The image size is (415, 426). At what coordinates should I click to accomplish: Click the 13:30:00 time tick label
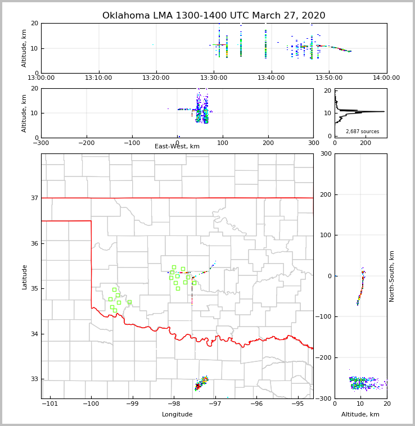tap(214, 78)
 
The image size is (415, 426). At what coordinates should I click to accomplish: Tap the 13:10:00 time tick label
tap(99, 78)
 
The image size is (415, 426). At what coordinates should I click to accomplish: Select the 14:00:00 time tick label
tap(386, 78)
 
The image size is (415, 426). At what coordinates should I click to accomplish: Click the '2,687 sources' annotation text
tap(362, 132)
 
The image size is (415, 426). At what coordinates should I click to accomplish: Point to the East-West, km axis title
tap(177, 147)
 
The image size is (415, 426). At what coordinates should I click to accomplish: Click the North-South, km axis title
tap(392, 276)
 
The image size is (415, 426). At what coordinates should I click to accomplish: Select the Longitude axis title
tap(177, 414)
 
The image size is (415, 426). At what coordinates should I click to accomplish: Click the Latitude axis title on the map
tap(24, 277)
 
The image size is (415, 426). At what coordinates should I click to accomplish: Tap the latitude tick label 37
tap(34, 198)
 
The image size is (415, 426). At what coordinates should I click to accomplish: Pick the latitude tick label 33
tap(34, 379)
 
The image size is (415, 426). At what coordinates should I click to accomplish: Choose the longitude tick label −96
tap(256, 404)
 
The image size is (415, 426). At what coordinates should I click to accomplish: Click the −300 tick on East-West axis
tap(41, 143)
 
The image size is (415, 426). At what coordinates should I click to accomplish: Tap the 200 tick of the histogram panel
tap(365, 143)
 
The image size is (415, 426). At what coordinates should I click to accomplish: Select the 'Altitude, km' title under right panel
tap(360, 414)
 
